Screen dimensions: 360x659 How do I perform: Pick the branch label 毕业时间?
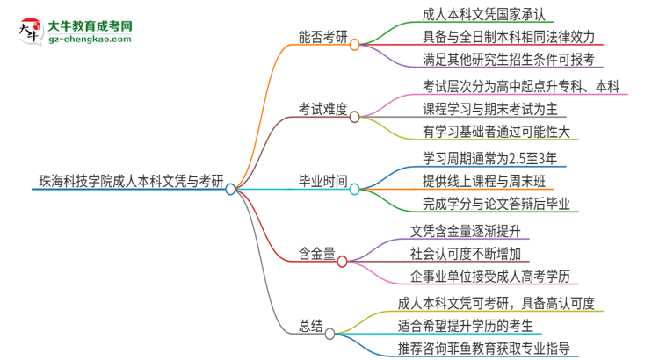pos(322,189)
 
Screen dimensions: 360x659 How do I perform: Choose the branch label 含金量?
pos(316,261)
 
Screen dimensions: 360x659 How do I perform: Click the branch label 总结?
pos(310,334)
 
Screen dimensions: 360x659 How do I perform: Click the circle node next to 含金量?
pos(343,261)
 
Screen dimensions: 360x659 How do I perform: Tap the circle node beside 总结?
pos(330,334)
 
